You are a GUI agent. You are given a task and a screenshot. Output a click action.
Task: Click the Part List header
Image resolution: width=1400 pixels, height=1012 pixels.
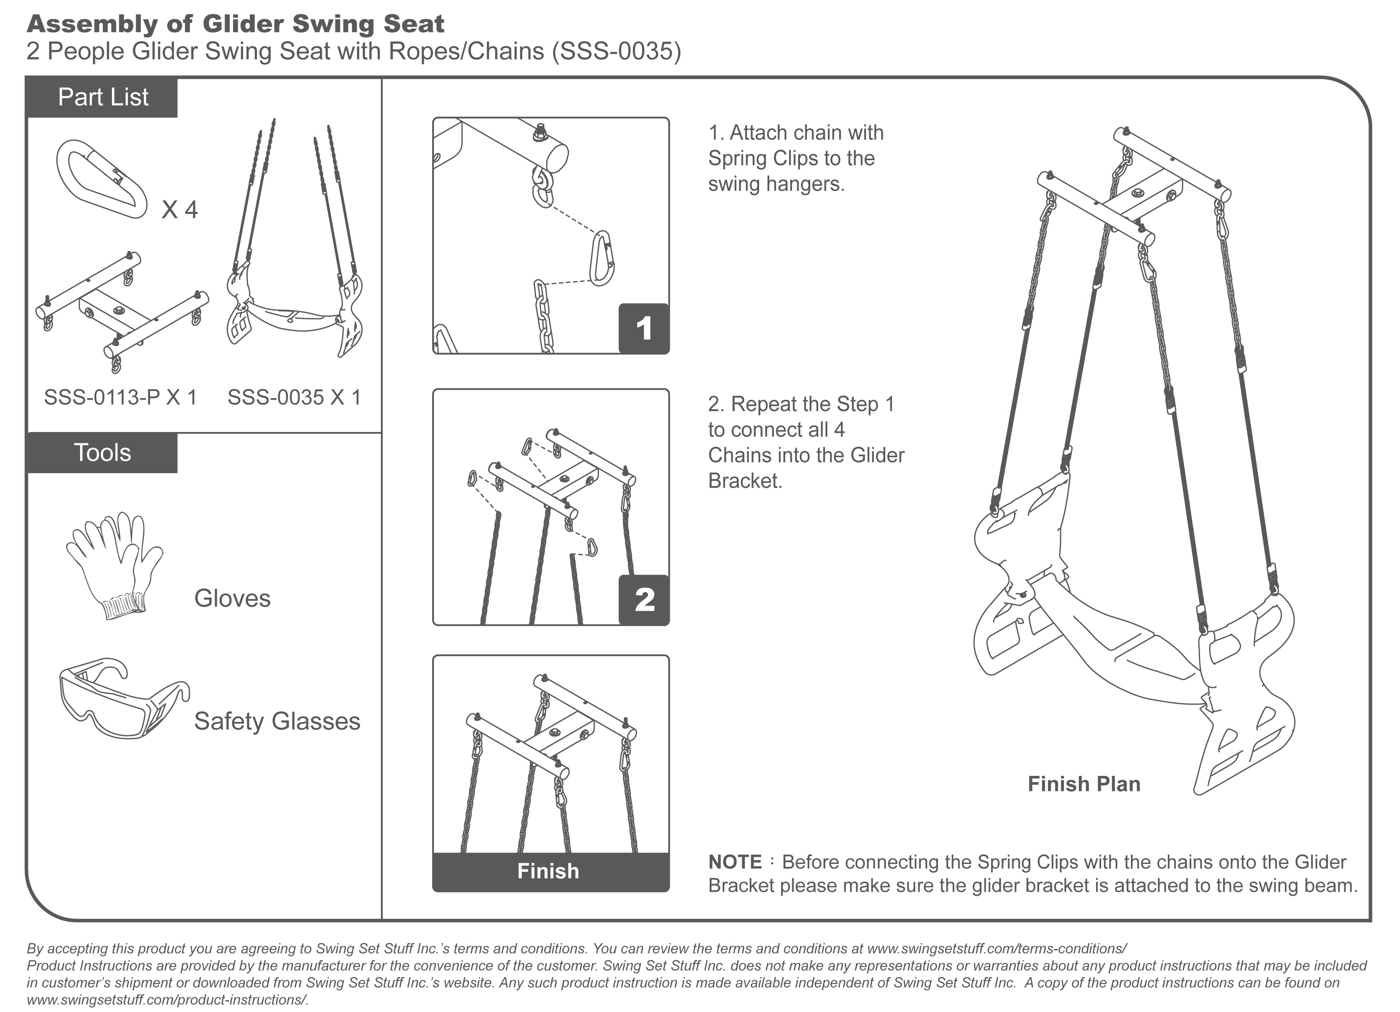click(x=102, y=98)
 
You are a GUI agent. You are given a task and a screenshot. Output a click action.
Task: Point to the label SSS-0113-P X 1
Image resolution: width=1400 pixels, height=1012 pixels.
click(x=120, y=397)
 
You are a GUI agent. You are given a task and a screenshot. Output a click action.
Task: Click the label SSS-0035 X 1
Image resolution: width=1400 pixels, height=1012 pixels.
click(x=294, y=397)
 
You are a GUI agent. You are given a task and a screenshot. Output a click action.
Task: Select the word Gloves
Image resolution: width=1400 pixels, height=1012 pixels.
click(x=232, y=598)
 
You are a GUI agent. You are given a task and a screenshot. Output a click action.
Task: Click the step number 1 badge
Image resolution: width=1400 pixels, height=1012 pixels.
click(x=644, y=328)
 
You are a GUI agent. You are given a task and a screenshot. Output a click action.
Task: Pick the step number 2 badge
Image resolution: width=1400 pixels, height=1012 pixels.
click(x=644, y=600)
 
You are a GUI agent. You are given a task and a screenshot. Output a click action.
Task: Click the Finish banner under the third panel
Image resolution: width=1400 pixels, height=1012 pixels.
click(x=549, y=871)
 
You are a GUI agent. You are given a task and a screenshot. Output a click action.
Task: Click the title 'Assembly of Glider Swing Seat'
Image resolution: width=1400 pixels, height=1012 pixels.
click(x=235, y=24)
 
